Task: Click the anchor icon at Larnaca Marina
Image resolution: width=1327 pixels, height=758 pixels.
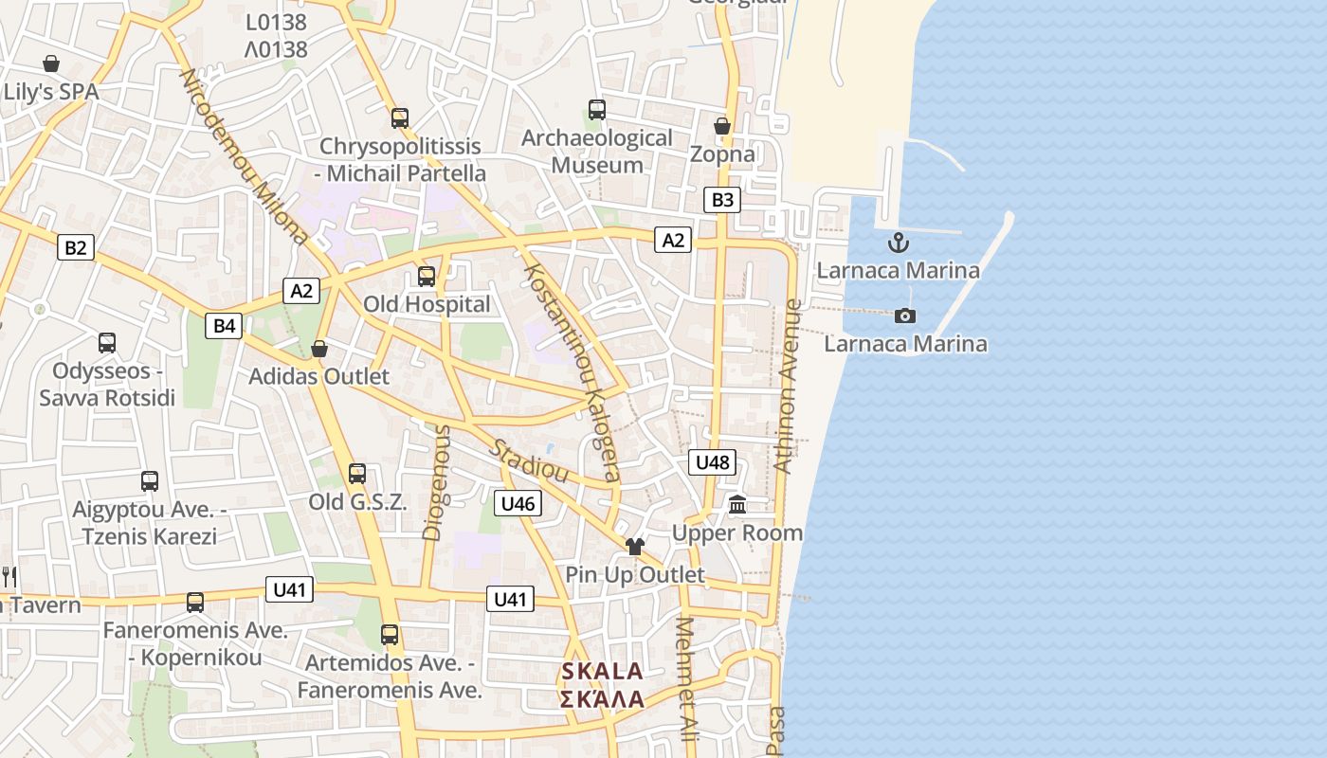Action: click(899, 244)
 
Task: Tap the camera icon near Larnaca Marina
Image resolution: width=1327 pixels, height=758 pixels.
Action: click(905, 316)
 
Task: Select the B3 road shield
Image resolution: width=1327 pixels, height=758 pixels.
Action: click(722, 200)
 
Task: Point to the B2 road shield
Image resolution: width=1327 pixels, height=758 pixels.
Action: click(76, 248)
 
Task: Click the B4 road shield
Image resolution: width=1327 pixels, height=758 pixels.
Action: click(224, 326)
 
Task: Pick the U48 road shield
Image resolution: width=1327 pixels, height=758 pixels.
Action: click(712, 462)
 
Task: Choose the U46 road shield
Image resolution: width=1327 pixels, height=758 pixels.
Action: click(518, 503)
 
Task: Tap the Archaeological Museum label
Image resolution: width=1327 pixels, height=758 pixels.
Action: click(597, 152)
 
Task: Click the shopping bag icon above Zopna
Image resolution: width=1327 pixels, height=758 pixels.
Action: click(722, 126)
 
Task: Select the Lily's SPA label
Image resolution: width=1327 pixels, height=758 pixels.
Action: click(51, 93)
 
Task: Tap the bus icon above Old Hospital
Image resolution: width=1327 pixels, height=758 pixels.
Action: click(427, 277)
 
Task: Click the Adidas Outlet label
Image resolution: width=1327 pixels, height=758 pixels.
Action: click(318, 376)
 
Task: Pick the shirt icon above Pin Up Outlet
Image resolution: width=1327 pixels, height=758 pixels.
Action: click(635, 547)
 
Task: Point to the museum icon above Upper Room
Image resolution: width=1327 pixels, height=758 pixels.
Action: click(737, 505)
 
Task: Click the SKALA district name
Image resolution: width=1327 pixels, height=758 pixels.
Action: click(602, 672)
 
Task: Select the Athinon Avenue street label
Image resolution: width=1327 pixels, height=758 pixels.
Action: click(788, 386)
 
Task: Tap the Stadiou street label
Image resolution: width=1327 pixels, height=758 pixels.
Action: click(528, 459)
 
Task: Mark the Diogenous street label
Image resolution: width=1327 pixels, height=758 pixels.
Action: click(435, 482)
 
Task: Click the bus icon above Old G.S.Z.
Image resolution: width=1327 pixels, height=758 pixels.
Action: click(357, 474)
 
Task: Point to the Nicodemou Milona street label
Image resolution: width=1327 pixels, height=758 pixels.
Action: click(244, 156)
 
